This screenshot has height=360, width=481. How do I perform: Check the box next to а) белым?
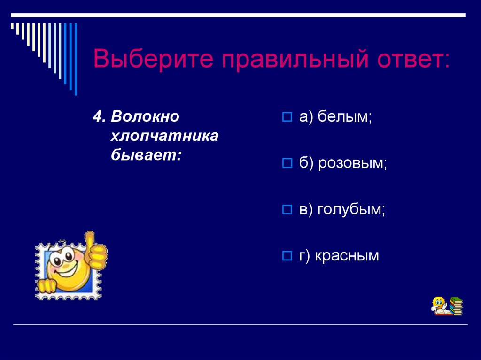287,117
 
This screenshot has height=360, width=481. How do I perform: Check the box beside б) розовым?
287,163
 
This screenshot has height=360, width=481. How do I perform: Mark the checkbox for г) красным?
287,256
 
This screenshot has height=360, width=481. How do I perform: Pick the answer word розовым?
352,163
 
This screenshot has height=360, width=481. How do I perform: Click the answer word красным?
347,256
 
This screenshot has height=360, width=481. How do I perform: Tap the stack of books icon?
456,306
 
